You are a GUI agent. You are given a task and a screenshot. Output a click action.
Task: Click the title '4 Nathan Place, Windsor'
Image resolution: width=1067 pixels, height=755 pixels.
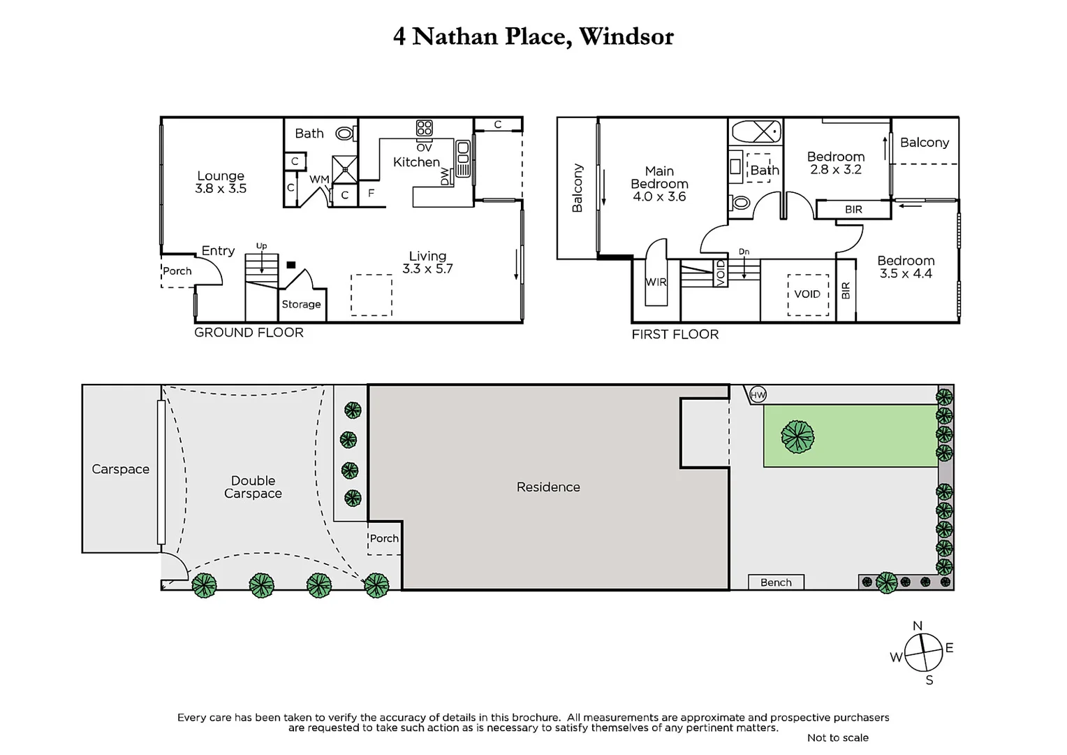coord(533,36)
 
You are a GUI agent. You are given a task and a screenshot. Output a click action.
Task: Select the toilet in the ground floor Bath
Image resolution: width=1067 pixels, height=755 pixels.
coord(344,133)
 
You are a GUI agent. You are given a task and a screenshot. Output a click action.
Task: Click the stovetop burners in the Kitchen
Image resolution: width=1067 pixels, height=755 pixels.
coord(424,128)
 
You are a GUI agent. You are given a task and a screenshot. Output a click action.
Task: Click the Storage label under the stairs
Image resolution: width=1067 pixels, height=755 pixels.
coord(301,304)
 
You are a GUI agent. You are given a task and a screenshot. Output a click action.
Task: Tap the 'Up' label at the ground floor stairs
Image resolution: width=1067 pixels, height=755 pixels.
coord(261,246)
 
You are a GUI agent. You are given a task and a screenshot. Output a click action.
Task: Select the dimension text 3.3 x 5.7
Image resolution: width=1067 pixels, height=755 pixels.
coord(427,268)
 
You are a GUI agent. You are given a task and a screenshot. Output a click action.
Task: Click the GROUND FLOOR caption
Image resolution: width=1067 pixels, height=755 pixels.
coord(249,333)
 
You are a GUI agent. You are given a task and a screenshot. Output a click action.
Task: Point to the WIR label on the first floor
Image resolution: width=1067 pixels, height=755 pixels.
coord(656,282)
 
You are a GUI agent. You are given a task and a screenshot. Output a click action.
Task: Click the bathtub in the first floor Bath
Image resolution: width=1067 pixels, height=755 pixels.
coord(756,131)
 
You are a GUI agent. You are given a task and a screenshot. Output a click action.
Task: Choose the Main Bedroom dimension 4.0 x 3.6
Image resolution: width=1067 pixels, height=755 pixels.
coord(659,196)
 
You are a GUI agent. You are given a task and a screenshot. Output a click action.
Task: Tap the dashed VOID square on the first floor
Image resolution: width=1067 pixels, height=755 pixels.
coord(807,294)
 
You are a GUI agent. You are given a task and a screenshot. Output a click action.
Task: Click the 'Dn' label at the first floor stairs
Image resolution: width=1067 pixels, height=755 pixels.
coord(744,252)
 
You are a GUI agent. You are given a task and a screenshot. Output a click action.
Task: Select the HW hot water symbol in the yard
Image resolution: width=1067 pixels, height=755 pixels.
coord(758,395)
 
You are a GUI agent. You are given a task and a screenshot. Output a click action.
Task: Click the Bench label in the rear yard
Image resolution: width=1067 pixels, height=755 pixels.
coord(776,582)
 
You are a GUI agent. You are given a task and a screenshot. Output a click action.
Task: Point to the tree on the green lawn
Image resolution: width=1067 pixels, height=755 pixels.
coord(797,436)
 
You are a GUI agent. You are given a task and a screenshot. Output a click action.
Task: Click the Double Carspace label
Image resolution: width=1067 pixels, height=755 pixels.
coord(253,487)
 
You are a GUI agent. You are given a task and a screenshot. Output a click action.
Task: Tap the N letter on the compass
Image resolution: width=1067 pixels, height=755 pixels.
coord(918,626)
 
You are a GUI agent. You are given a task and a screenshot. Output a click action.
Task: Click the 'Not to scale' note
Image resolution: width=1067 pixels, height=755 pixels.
coord(837,738)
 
